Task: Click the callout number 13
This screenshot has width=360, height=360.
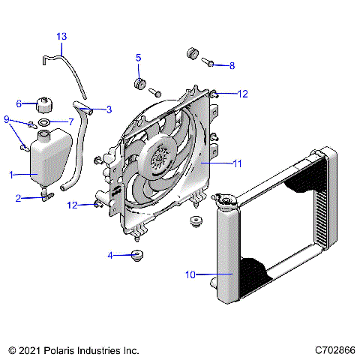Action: pyautogui.click(x=61, y=36)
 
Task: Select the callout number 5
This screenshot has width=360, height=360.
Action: pyautogui.click(x=138, y=57)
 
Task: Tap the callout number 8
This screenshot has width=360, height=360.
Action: pyautogui.click(x=232, y=66)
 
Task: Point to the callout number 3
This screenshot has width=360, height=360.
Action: pyautogui.click(x=109, y=109)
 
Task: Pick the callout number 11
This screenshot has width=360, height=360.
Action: pyautogui.click(x=237, y=163)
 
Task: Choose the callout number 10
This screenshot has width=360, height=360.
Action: pyautogui.click(x=190, y=275)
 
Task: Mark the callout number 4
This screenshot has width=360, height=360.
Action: pyautogui.click(x=110, y=256)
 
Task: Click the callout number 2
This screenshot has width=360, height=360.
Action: pyautogui.click(x=19, y=199)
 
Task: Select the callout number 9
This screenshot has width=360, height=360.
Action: pyautogui.click(x=7, y=119)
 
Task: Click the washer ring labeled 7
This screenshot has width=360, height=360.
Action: pyautogui.click(x=45, y=121)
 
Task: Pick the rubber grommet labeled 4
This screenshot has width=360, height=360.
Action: pyautogui.click(x=137, y=256)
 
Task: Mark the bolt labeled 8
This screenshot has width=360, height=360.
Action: pyautogui.click(x=210, y=64)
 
